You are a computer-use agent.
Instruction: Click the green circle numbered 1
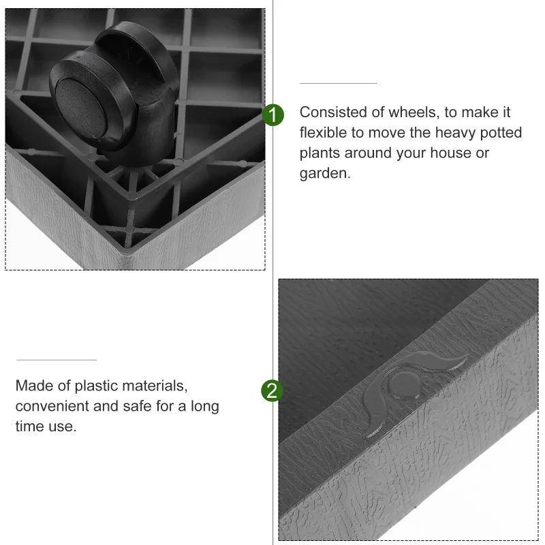272,115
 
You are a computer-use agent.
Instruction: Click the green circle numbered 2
272,391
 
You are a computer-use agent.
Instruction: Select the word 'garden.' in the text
325,173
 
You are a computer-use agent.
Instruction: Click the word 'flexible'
324,133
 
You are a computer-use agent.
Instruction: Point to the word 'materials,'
155,386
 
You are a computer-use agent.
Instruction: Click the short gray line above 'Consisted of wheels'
339,83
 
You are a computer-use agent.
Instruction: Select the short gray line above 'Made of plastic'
57,360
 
